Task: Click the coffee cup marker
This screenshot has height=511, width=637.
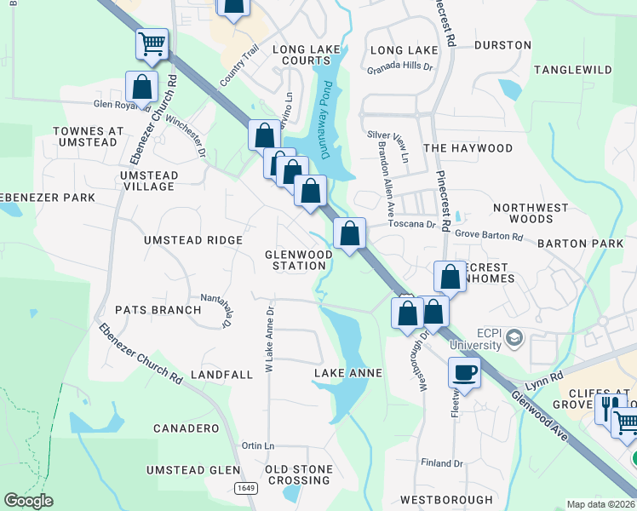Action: click(464, 371)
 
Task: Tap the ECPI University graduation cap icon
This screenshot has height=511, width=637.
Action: click(514, 339)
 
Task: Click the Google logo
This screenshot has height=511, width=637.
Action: click(28, 501)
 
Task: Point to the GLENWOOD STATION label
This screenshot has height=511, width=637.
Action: click(298, 260)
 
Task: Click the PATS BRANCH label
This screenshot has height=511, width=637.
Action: click(158, 310)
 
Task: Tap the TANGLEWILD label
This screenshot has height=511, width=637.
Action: click(572, 69)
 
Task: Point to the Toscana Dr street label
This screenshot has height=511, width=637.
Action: click(412, 224)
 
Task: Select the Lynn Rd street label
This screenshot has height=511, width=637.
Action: click(545, 376)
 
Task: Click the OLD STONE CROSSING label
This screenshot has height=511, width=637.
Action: click(297, 474)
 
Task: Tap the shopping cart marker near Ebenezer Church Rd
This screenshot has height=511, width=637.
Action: click(152, 43)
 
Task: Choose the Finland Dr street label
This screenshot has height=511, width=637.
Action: click(441, 463)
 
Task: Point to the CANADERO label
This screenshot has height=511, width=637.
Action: click(186, 428)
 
